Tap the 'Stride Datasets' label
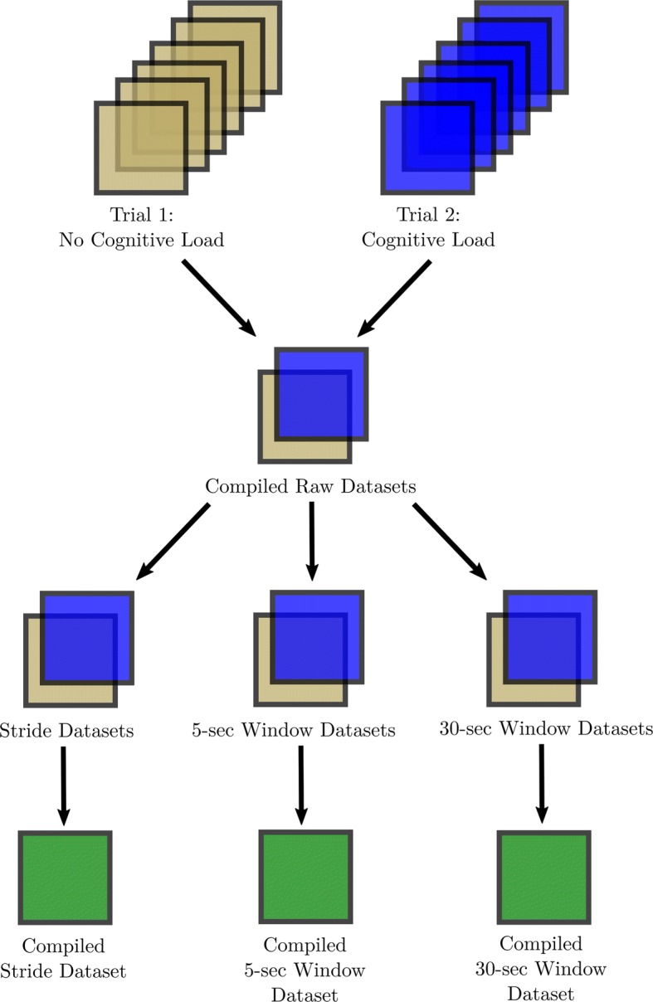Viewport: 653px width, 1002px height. pyautogui.click(x=68, y=731)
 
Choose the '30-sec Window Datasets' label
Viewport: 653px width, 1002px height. pyautogui.click(x=545, y=730)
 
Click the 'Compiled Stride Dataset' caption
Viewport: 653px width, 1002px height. pyautogui.click(x=74, y=957)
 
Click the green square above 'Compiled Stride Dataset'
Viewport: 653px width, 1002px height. pyautogui.click(x=65, y=877)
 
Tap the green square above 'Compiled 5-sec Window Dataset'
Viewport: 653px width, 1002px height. pyautogui.click(x=307, y=875)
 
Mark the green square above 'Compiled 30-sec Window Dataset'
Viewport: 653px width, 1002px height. pyautogui.click(x=543, y=874)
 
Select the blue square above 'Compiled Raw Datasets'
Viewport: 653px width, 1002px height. pyautogui.click(x=320, y=394)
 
